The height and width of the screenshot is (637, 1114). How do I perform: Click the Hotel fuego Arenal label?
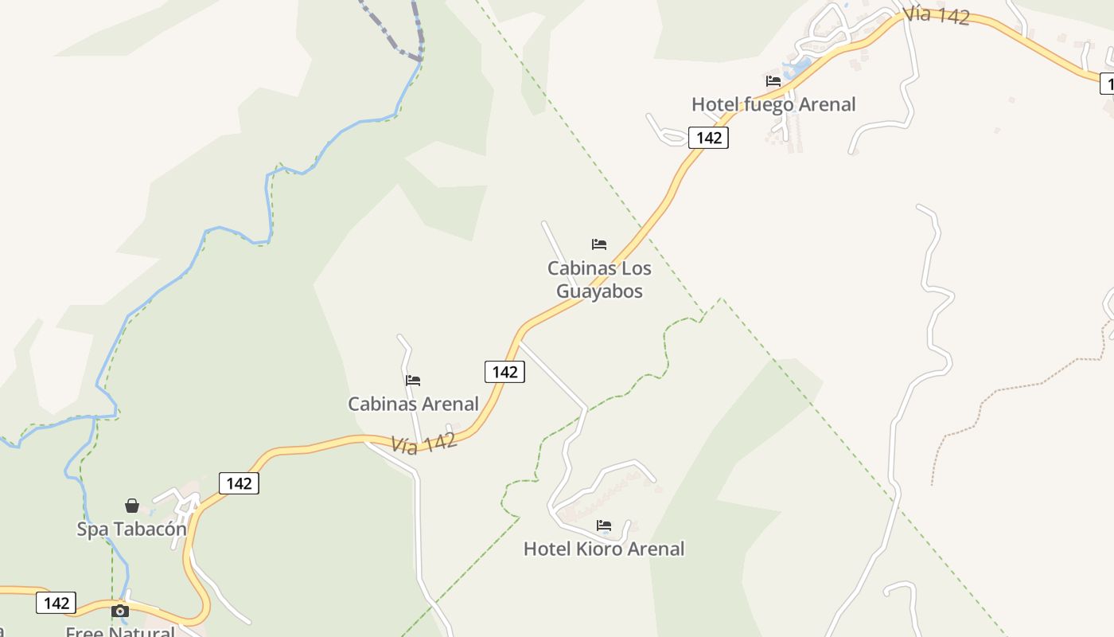[773, 104]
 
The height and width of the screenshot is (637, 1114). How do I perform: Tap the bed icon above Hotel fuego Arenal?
[773, 80]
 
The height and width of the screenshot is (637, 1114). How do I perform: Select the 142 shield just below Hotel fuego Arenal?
[708, 138]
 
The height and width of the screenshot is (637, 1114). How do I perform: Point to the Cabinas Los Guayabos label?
[599, 279]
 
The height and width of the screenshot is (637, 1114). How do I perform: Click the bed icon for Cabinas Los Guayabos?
[599, 244]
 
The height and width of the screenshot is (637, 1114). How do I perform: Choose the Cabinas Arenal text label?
[413, 404]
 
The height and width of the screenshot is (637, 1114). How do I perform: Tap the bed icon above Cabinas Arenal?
[413, 381]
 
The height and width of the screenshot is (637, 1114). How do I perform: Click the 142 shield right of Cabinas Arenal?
[504, 372]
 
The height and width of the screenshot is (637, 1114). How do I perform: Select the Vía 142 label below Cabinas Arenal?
[424, 443]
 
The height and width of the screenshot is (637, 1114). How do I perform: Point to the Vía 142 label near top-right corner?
[937, 14]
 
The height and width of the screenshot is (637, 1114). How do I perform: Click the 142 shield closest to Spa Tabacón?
[239, 483]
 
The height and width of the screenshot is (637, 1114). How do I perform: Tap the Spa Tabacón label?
[131, 529]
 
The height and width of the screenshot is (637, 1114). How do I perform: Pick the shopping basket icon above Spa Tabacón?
[132, 506]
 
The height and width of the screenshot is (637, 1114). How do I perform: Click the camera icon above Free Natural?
[120, 611]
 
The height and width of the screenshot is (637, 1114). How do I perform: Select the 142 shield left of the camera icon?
[56, 603]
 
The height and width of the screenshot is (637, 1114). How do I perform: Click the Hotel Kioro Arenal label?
[604, 549]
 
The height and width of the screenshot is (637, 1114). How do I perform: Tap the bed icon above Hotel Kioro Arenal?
[604, 526]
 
